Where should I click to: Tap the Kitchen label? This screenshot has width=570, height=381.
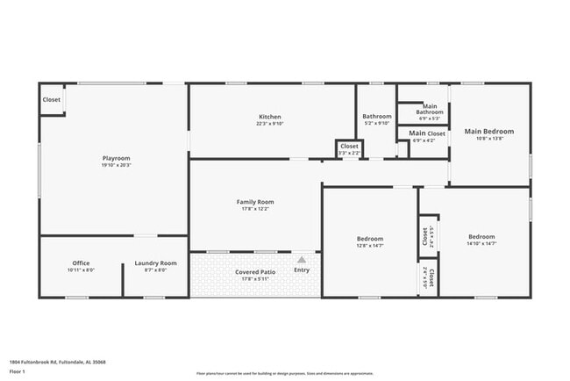[x=269, y=117]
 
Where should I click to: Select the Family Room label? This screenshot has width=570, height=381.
[x=255, y=202]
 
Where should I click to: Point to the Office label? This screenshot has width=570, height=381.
[x=81, y=263]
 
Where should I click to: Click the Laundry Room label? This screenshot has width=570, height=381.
[x=155, y=263]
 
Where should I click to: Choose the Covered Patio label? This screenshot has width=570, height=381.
[x=255, y=272]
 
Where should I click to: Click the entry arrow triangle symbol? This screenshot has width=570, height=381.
[x=302, y=260]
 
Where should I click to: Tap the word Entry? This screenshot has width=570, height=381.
[x=302, y=270]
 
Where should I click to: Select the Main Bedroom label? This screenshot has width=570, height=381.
[x=488, y=132]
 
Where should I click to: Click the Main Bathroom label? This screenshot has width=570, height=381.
[x=430, y=109]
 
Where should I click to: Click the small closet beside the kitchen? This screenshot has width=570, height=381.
[x=349, y=148]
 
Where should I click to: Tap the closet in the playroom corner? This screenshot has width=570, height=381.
[x=52, y=99]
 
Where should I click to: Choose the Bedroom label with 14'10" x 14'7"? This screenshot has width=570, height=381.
[x=481, y=237]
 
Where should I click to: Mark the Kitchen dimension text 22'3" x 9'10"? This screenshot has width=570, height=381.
[x=269, y=124]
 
